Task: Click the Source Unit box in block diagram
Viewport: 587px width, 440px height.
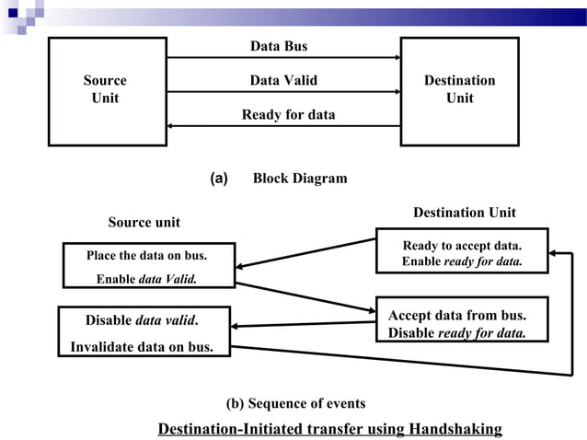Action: (107, 90)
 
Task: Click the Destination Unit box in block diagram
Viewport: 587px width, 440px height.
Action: (459, 90)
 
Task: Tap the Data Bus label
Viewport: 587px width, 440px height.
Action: (279, 46)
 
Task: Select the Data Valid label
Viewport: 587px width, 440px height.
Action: (283, 80)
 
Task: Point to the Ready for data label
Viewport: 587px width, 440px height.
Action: (288, 115)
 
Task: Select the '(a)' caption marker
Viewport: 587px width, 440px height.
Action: (219, 178)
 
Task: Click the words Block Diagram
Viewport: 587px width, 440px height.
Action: (300, 179)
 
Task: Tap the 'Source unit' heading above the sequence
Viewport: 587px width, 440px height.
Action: (144, 222)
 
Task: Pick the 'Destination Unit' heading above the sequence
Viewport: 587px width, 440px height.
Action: (464, 213)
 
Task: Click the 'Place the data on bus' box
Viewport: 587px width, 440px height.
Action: (147, 265)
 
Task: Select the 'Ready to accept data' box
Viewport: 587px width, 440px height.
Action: (462, 251)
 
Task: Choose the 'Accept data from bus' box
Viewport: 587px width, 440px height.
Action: (462, 319)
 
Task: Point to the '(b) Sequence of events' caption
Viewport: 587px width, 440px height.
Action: (295, 403)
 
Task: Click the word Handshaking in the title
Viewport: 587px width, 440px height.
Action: (456, 429)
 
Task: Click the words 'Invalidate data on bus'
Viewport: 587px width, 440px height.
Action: (142, 347)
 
